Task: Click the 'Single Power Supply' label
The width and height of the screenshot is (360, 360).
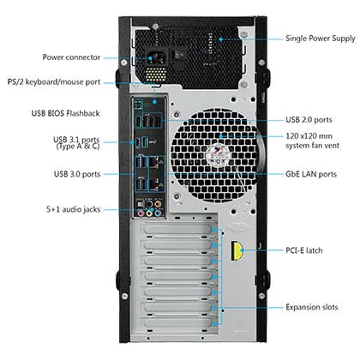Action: click(321, 39)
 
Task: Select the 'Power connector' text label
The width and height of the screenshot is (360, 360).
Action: click(71, 57)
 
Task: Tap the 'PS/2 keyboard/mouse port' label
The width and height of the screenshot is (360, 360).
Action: click(54, 82)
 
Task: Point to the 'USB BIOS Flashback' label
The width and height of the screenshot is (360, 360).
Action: click(65, 113)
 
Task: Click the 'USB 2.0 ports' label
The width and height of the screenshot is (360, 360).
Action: click(309, 120)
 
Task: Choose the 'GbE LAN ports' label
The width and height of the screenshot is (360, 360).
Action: click(311, 174)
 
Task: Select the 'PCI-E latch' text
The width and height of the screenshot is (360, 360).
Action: click(304, 250)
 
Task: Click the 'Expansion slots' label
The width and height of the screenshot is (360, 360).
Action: click(312, 307)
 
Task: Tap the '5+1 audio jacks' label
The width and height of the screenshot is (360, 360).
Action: click(74, 209)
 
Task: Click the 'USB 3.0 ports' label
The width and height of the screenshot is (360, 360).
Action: click(77, 174)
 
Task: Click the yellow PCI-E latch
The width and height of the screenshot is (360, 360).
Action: click(237, 251)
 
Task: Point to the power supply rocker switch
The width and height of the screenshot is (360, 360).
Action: click(180, 54)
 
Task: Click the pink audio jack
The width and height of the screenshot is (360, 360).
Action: click(141, 213)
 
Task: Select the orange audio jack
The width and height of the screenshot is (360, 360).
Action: click(158, 204)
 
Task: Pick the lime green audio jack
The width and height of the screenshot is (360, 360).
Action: click(149, 213)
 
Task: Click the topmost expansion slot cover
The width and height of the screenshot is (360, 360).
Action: click(178, 229)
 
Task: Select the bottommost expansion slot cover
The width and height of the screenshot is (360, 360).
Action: click(178, 322)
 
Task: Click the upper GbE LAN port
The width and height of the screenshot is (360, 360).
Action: click(154, 164)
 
